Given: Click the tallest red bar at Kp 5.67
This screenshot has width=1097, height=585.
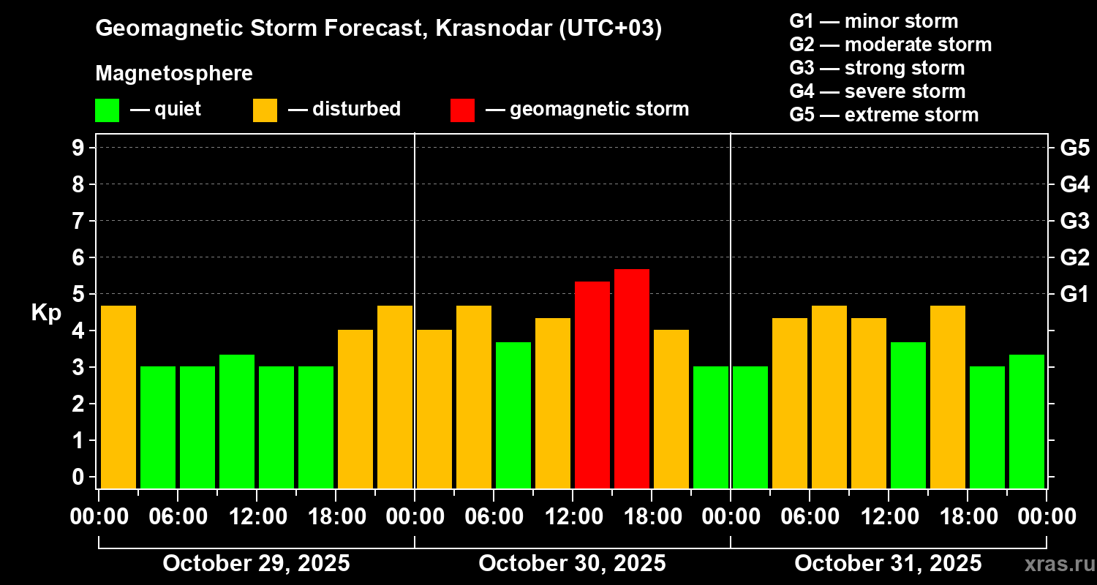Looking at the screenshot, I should click(632, 379).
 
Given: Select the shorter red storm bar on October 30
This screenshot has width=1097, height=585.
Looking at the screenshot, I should click(592, 385).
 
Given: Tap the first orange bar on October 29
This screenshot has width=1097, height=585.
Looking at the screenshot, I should click(118, 397).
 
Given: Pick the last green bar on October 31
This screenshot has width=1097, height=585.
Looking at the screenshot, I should click(1027, 421).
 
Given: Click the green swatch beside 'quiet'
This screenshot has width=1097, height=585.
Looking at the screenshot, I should click(107, 110).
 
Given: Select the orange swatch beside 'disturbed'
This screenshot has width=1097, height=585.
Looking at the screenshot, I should click(265, 110).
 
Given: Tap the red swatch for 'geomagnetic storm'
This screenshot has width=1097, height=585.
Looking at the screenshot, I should click(462, 110).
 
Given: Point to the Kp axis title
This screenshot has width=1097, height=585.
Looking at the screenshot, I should click(46, 313).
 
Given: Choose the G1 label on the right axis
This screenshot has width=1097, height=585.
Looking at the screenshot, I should click(1074, 294).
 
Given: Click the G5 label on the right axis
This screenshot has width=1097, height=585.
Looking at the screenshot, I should click(1074, 148).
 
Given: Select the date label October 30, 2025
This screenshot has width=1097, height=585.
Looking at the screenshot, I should click(572, 563).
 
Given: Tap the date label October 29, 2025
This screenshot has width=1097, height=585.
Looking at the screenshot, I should click(256, 563).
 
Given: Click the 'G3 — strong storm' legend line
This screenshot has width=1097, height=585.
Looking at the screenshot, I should click(877, 68).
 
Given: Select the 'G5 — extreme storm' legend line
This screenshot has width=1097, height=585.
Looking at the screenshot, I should click(883, 115).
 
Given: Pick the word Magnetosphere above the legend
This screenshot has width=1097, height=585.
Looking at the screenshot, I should click(174, 74).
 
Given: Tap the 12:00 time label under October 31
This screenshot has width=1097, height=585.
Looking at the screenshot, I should click(888, 517).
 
